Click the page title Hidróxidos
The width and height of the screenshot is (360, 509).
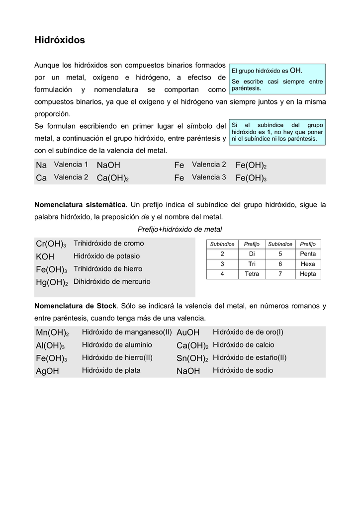pos(59,40)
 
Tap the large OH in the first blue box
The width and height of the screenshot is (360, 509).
pos(295,71)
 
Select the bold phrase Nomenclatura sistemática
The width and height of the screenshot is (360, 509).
pos(80,205)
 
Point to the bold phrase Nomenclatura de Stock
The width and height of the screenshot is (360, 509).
pos(75,306)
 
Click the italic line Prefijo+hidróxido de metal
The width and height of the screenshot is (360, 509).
pos(180,229)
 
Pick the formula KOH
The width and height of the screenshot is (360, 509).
pos(45,256)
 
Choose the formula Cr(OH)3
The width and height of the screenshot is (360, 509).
pos(51,244)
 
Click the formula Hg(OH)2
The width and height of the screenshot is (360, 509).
pos(51,282)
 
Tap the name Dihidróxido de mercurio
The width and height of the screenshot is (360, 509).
pos(112,281)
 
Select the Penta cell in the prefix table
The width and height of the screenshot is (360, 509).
pos(308,254)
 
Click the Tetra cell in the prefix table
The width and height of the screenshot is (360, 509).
pos(252,274)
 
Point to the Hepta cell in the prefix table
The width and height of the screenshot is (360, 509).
pos(308,274)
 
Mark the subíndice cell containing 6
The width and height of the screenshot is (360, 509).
pos(280,264)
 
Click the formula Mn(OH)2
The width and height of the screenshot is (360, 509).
pos(52,333)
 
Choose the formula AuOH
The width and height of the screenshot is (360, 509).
pos(187,332)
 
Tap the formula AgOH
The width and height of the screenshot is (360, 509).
pos(47,371)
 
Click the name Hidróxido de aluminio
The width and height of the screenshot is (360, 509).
pos(117,344)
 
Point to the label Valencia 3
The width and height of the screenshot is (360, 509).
pos(209,177)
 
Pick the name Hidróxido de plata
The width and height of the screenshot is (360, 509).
pos(111,370)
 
